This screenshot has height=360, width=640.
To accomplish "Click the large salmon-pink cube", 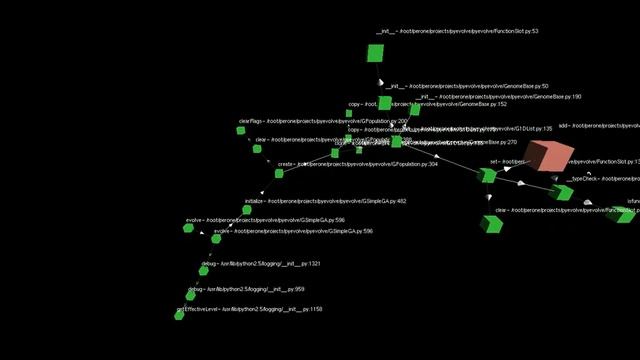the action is click(548, 157).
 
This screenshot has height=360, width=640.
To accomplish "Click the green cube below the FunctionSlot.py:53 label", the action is click(376, 53).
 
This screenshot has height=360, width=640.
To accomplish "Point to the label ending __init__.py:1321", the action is click(260, 264).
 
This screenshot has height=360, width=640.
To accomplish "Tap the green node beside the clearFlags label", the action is click(257, 148).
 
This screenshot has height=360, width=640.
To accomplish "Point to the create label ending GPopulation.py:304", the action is click(357, 163).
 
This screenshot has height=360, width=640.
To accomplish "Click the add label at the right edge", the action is click(598, 126).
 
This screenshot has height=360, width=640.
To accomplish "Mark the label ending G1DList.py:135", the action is click(450, 129).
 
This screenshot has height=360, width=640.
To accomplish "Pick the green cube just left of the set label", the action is click(488, 176).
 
